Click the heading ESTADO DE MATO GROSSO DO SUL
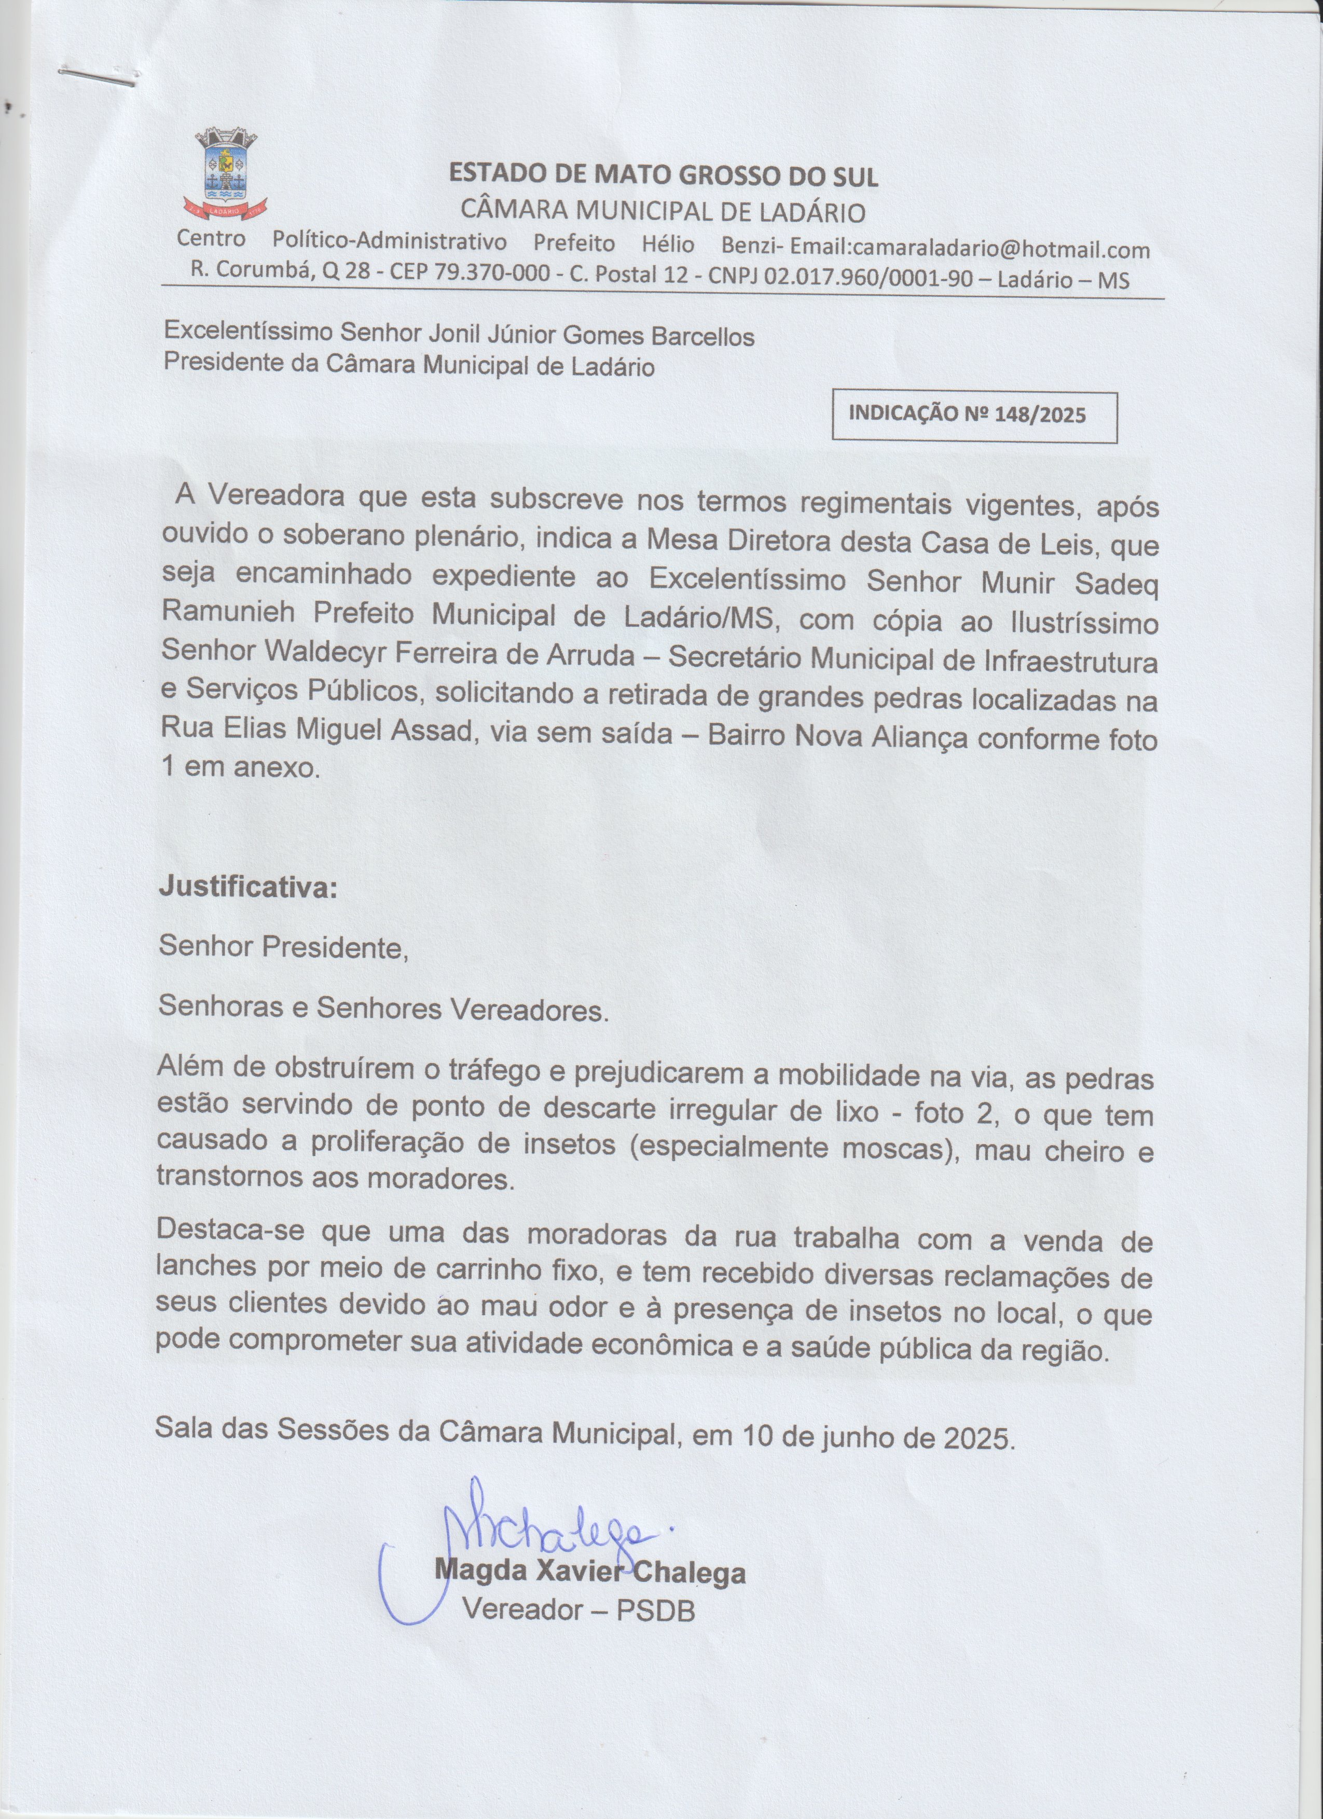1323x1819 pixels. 663,175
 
